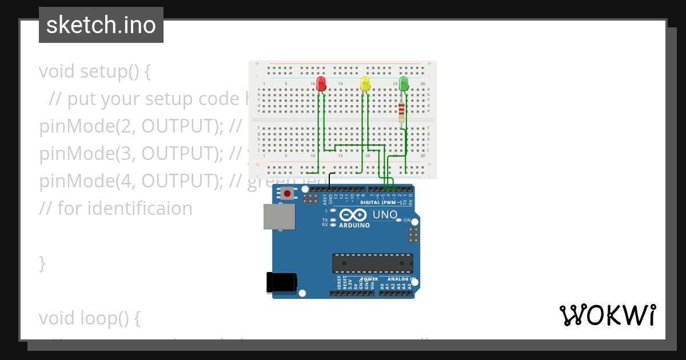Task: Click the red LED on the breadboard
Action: pyautogui.click(x=321, y=84)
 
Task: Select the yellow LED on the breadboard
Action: pyautogui.click(x=365, y=84)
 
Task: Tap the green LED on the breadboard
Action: pyautogui.click(x=404, y=84)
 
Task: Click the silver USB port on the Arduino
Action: pyautogui.click(x=279, y=217)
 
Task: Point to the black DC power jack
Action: pyautogui.click(x=282, y=282)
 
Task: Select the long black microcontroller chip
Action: pyautogui.click(x=373, y=263)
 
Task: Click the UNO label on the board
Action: pyautogui.click(x=385, y=215)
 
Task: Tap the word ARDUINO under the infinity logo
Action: pyautogui.click(x=354, y=225)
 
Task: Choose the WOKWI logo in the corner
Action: pyautogui.click(x=607, y=315)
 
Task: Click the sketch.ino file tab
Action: pyautogui.click(x=101, y=25)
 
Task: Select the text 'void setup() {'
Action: pyautogui.click(x=95, y=71)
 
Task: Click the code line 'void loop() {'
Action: pyautogui.click(x=90, y=318)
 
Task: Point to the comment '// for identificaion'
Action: pyautogui.click(x=115, y=209)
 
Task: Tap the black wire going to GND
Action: pyautogui.click(x=330, y=178)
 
